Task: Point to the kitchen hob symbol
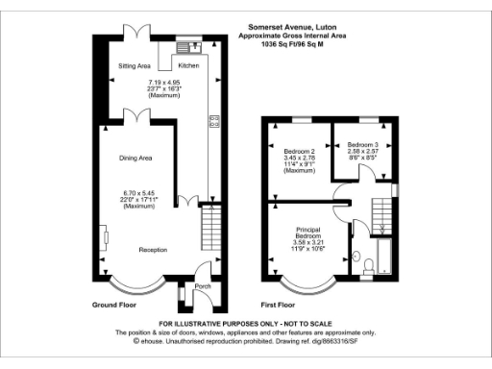point(213,121)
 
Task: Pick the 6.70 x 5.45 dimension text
point(138,191)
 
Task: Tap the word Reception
point(153,250)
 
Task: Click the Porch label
point(202,286)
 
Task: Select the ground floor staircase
point(209,232)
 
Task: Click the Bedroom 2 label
point(301,153)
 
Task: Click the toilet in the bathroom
point(357,260)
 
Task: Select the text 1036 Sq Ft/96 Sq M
point(308,43)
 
